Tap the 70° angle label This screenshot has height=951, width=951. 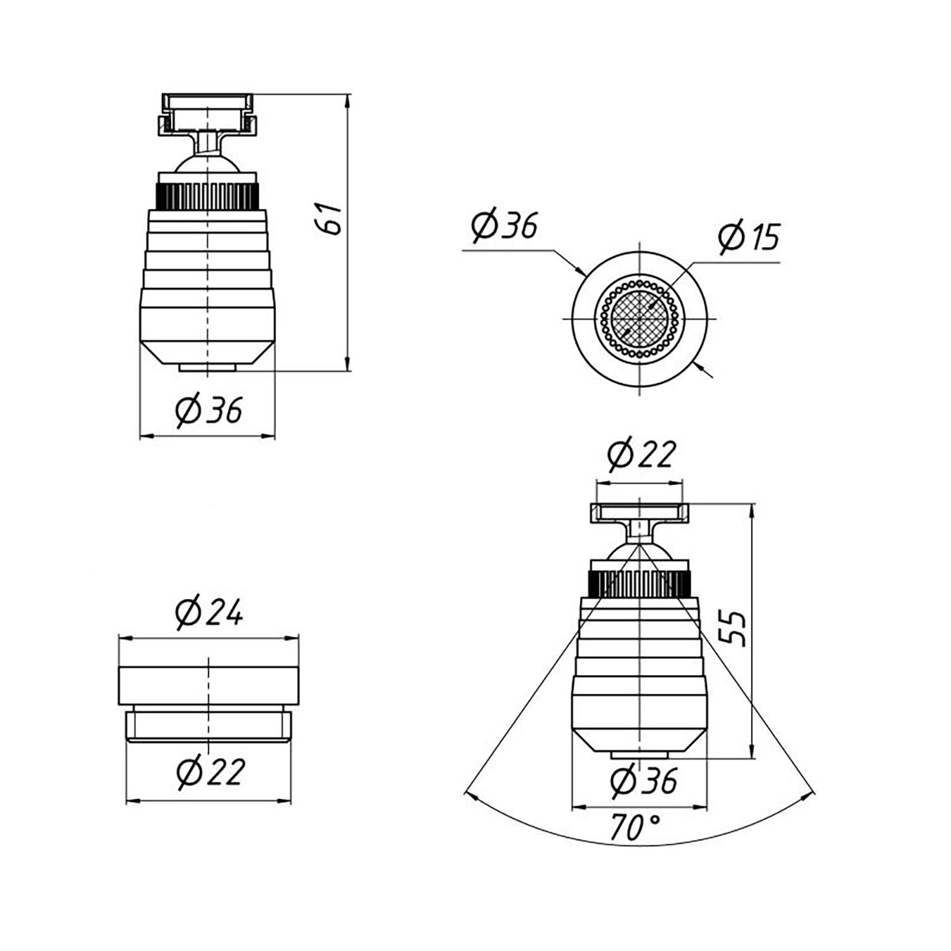pyautogui.click(x=635, y=827)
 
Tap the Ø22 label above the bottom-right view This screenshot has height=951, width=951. pyautogui.click(x=641, y=455)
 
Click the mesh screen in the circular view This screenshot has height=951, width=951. pyautogui.click(x=639, y=317)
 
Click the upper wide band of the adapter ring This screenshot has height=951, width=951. pyautogui.click(x=209, y=685)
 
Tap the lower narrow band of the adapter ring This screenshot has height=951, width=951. pyautogui.click(x=209, y=725)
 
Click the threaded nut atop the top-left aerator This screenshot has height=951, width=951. pyautogui.click(x=207, y=114)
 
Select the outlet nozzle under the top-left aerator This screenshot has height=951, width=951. pyautogui.click(x=207, y=367)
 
